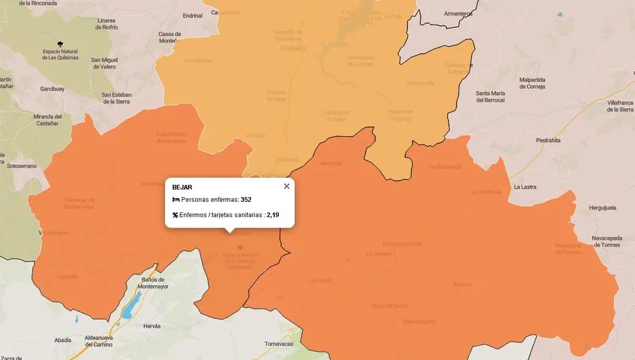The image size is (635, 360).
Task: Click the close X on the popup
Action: coord(287,186)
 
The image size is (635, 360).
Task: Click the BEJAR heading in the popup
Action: coord(182,187)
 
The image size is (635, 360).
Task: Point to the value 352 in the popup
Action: coord(246,200)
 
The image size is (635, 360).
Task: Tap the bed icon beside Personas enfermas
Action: coord(176,200)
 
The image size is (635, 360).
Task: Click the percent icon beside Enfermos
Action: coord(175,215)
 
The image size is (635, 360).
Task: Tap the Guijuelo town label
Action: coord(292,49)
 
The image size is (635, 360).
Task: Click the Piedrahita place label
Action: coord(548,140)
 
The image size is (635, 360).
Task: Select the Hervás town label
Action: coord(152,326)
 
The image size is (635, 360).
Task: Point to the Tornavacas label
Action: coord(279,344)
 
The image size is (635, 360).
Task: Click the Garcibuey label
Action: coord(52,88)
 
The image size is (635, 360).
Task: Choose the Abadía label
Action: coord(63,340)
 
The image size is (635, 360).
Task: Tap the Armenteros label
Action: coord(458,13)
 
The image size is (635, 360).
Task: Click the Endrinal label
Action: coord(193,15)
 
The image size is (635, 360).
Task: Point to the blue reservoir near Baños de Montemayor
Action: coord(128,310)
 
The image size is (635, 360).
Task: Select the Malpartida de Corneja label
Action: coord(532,83)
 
